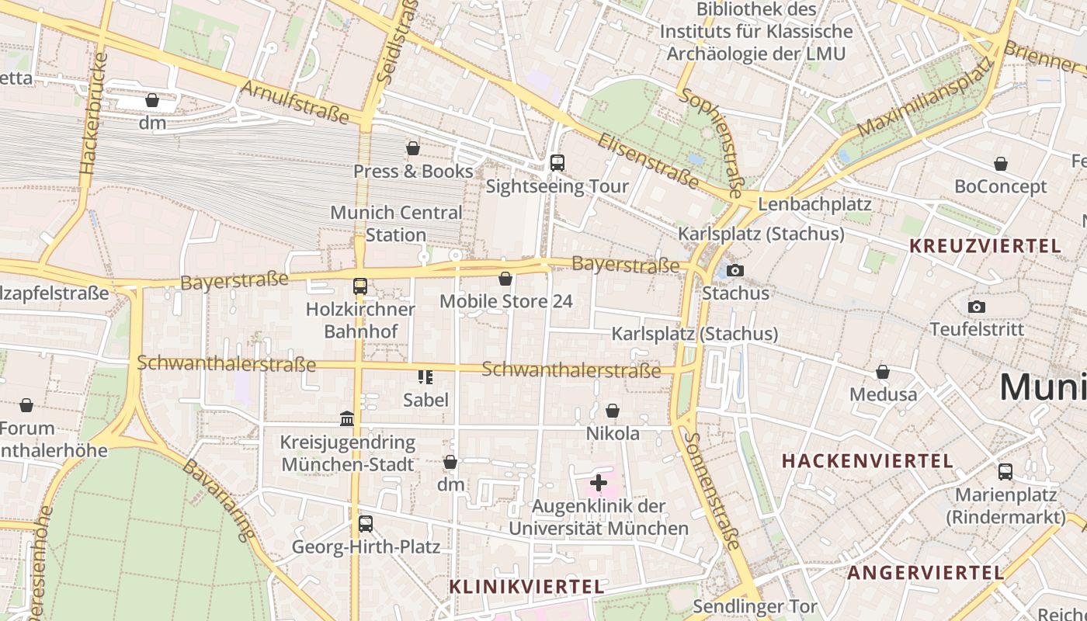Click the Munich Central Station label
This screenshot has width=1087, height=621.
396,224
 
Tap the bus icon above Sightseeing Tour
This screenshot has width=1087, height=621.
557,162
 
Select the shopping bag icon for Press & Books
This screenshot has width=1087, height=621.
413,147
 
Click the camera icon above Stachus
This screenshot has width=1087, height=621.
735,270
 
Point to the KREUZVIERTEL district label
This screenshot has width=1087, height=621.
985,246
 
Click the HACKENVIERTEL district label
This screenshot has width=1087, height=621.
867,460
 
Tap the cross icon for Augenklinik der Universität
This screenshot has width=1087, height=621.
598,483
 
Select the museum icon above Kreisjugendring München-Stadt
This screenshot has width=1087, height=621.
347,419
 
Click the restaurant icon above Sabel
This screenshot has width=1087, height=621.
425,376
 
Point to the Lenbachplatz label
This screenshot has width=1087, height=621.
814,204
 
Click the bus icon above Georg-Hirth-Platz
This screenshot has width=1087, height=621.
366,523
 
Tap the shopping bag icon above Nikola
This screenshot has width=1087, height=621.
613,410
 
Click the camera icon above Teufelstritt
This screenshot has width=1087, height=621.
977,307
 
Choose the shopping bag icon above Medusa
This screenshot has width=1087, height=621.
883,372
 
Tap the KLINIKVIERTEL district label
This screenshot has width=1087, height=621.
526,587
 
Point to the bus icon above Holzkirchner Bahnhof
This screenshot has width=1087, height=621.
360,286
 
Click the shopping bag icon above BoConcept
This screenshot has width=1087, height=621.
1001,164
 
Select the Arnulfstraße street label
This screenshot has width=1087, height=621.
295,102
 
